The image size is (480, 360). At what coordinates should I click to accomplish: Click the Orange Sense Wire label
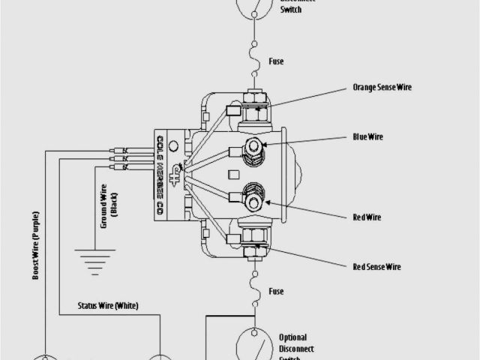pos(382,88)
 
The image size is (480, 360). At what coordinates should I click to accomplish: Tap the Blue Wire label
pos(368,137)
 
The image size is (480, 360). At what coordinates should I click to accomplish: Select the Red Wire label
pos(367,217)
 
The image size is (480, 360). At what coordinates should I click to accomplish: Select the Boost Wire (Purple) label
pos(35,245)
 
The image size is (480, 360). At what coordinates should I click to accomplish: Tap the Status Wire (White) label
pos(108,305)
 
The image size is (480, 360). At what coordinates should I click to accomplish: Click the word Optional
pos(292,337)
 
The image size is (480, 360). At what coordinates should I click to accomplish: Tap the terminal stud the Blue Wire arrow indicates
pos(255,145)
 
